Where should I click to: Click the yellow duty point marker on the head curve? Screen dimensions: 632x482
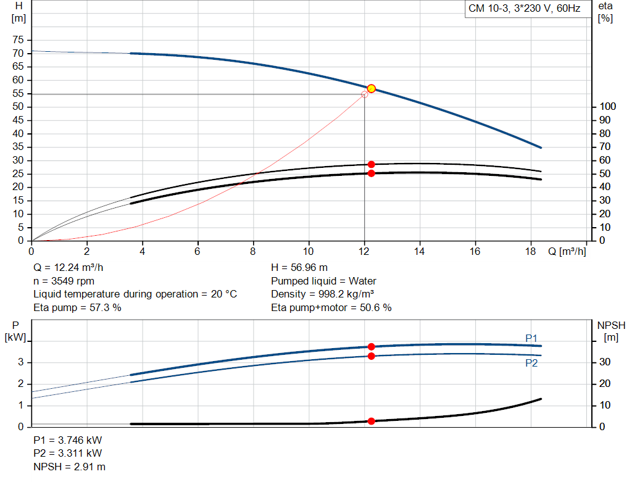coord(371,89)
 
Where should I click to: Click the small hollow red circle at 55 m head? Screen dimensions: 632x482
coord(364,94)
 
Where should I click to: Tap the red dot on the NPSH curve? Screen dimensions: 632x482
coord(371,421)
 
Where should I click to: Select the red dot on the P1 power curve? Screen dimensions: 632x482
coord(371,347)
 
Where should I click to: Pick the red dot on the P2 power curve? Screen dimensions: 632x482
coord(371,356)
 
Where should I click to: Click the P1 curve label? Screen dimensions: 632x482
coord(531,338)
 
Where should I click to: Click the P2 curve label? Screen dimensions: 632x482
coord(531,363)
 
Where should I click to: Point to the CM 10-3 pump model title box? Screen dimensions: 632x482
coord(525,9)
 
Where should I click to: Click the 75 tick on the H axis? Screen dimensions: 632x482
coord(18,40)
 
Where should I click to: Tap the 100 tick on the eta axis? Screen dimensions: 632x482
coord(608,106)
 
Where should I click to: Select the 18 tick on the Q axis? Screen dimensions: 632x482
coord(530,251)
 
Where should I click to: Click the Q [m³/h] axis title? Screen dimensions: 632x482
coord(567,251)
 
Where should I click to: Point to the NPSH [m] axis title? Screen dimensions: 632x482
coord(611,331)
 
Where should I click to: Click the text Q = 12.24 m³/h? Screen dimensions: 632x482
coord(68,268)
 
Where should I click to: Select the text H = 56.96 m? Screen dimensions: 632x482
coord(299,268)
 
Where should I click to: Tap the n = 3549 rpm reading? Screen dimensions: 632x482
coord(64,281)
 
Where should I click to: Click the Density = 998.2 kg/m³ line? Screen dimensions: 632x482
coord(322,294)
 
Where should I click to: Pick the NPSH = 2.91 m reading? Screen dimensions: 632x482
coord(69,467)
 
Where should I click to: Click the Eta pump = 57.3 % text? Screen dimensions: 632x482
coord(77,307)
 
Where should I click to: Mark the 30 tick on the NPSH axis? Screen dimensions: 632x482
coord(605,362)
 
